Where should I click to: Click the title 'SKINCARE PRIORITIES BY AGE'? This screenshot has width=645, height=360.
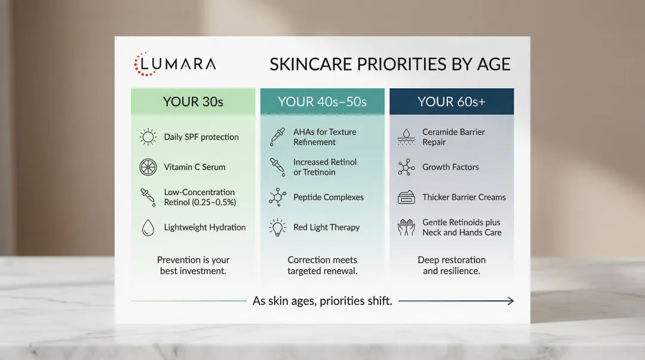point(390,64)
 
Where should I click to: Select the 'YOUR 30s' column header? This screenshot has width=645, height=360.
point(193,101)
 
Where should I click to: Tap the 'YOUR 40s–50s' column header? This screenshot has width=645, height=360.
point(322,101)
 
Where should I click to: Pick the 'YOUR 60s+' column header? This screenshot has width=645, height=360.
point(451,101)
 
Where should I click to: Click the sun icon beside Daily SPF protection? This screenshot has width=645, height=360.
point(148,137)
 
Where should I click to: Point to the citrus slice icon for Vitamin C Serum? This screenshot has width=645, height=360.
point(148,167)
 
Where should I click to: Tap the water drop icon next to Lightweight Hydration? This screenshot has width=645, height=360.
point(148,227)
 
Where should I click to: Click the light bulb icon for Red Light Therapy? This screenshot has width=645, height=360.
point(277,227)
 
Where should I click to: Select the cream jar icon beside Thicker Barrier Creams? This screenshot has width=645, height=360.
point(406,198)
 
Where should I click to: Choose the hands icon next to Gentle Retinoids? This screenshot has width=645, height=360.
point(406,227)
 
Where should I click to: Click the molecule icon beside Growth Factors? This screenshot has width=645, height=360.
point(406,167)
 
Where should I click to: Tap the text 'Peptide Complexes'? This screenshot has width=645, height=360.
point(328,198)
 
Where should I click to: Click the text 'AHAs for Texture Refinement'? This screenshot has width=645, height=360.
point(324,137)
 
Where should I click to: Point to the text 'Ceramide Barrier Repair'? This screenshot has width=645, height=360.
point(453,137)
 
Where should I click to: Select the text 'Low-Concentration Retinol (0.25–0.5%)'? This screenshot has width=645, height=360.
point(200,197)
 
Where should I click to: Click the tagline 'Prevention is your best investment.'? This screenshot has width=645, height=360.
point(193,265)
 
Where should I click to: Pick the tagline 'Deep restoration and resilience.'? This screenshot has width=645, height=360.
point(451,265)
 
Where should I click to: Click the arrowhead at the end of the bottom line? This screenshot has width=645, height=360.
point(510,301)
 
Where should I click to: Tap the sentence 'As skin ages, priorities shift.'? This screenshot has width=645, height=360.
point(322,301)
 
